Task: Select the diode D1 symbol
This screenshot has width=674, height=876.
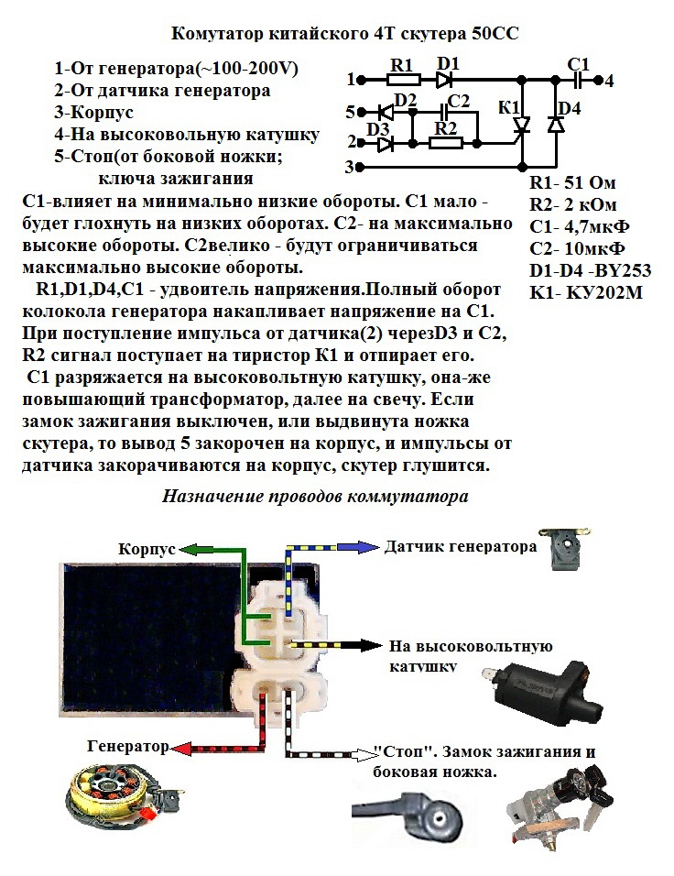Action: pyautogui.click(x=446, y=80)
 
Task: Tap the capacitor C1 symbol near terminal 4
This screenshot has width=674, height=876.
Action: pyautogui.click(x=577, y=80)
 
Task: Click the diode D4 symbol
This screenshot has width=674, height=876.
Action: pyautogui.click(x=556, y=126)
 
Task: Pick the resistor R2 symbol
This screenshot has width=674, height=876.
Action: pyautogui.click(x=446, y=143)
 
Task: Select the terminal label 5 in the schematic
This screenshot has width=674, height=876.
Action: pyautogui.click(x=350, y=113)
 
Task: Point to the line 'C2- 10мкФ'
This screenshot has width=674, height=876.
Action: pyautogui.click(x=577, y=248)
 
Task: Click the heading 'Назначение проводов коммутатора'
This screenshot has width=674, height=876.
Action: pyautogui.click(x=315, y=497)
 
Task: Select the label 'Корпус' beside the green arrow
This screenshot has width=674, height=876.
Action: pyautogui.click(x=146, y=549)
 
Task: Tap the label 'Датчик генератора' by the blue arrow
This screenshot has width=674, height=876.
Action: pyautogui.click(x=460, y=547)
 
